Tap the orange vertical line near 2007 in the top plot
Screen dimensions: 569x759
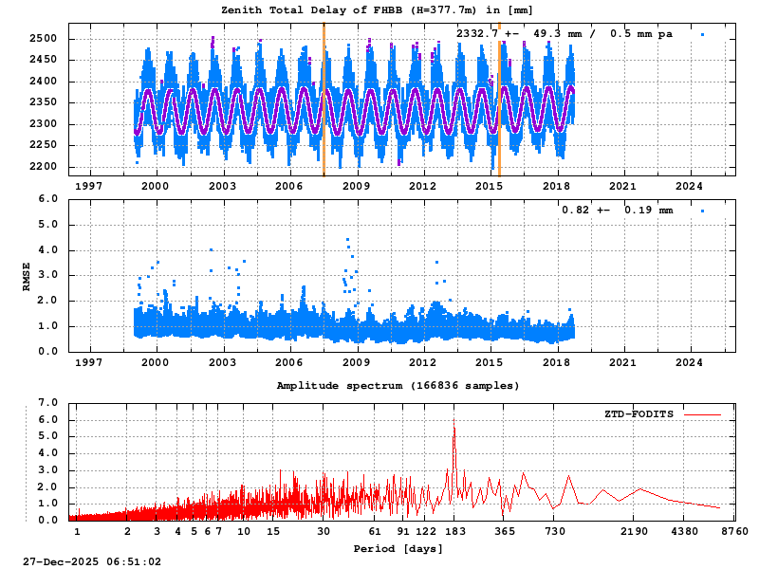[324, 100]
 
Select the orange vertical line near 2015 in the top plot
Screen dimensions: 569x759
[499, 100]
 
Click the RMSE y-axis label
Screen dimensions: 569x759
[27, 275]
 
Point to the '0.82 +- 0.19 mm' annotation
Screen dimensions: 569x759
[617, 210]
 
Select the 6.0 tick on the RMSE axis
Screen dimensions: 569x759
[47, 199]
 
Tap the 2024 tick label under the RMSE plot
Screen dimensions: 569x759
[689, 361]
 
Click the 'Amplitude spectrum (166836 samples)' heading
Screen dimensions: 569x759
[398, 386]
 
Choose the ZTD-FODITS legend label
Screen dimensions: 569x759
[639, 414]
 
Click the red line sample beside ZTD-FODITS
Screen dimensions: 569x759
[702, 414]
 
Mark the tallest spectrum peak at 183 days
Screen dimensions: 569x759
[454, 420]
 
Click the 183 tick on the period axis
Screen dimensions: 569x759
[454, 531]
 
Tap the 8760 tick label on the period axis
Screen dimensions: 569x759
[734, 531]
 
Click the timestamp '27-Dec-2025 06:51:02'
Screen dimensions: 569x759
[92, 561]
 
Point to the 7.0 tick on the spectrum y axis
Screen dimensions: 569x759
[47, 402]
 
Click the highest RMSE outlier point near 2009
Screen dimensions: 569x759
[347, 240]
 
